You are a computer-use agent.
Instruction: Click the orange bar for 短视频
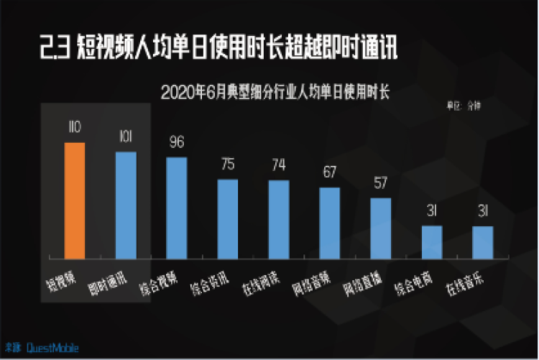(x=75, y=200)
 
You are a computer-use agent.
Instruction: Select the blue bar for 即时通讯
(x=126, y=205)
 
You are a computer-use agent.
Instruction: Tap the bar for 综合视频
(x=177, y=208)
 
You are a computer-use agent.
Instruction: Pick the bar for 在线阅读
(x=279, y=219)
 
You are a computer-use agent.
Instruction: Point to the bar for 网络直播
(x=381, y=228)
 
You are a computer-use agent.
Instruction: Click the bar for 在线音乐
(x=483, y=242)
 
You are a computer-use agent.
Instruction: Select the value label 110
(x=74, y=127)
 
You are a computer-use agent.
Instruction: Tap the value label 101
(x=126, y=137)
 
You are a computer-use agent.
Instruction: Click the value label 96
(x=177, y=142)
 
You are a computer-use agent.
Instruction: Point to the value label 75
(x=228, y=165)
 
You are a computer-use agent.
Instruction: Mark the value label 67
(x=330, y=173)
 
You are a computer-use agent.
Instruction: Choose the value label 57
(x=381, y=184)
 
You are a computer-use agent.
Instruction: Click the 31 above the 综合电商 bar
(x=432, y=212)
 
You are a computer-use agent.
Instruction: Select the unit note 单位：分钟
(x=464, y=106)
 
